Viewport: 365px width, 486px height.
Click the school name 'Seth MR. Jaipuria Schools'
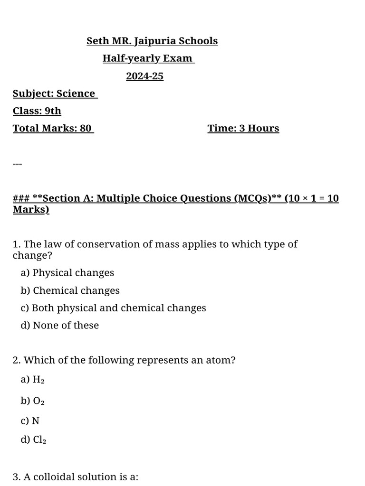152,41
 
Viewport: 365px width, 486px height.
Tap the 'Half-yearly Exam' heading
148,59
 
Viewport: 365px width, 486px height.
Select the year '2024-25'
144,76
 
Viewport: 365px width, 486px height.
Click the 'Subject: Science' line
54,93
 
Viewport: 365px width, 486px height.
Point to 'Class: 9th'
37,111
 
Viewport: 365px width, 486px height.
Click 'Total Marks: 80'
52,129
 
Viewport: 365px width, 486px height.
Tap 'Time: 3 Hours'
243,129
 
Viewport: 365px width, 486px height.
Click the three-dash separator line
17,164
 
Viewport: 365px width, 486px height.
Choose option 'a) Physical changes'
67,273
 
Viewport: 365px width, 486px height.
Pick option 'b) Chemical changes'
70,290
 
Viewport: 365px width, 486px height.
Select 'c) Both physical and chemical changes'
114,308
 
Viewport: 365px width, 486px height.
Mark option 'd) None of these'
60,326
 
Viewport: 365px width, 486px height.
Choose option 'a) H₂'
33,379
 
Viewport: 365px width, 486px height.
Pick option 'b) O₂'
33,401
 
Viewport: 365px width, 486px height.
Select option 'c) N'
30,421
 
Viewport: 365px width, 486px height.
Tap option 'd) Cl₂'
34,440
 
